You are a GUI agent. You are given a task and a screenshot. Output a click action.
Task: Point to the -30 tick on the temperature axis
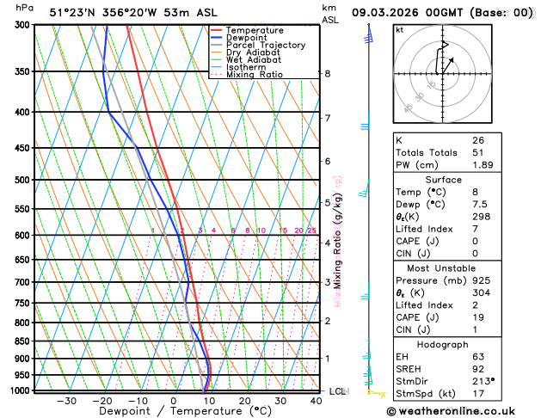pos(66,400)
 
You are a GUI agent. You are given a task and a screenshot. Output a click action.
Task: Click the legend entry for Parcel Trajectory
pos(265,45)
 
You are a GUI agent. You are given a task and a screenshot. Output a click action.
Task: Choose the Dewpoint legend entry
pos(248,38)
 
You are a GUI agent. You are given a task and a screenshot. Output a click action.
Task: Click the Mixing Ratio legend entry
pos(254,74)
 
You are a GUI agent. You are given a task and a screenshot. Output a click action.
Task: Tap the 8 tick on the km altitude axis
pos(328,74)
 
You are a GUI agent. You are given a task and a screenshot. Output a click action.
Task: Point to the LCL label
pos(338,391)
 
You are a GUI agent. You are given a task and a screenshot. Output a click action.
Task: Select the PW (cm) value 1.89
pos(483,165)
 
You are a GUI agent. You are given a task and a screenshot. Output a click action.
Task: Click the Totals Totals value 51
pos(477,152)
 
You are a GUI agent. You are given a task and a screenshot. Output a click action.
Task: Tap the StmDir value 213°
pos(483,381)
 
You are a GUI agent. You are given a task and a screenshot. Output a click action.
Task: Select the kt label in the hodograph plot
pos(399,29)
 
